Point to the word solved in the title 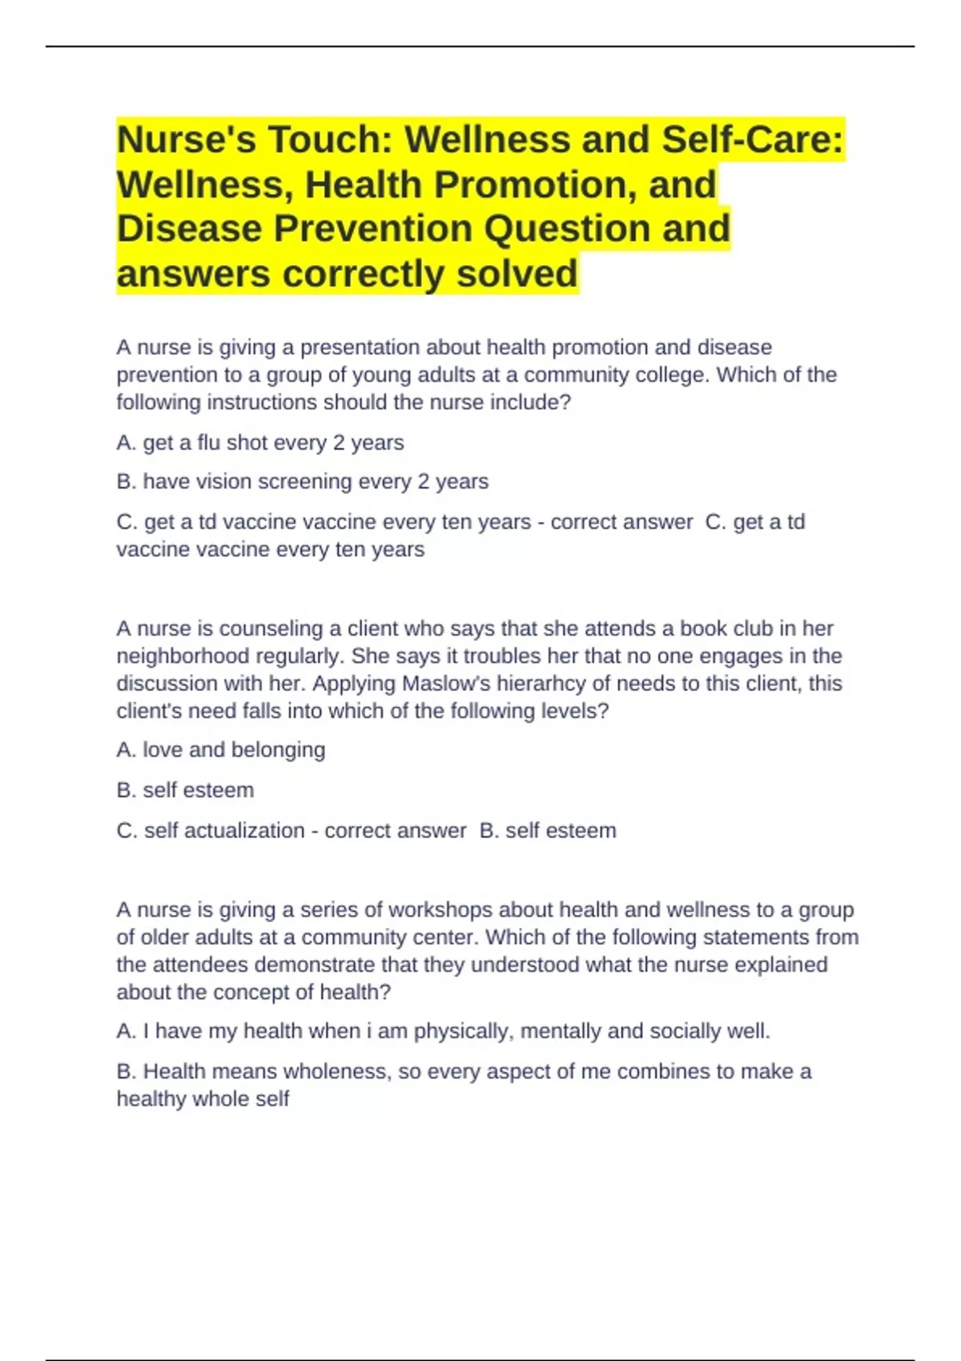pos(517,274)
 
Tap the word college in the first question pos(670,375)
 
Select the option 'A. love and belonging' pos(220,750)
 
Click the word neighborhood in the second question pos(183,656)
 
